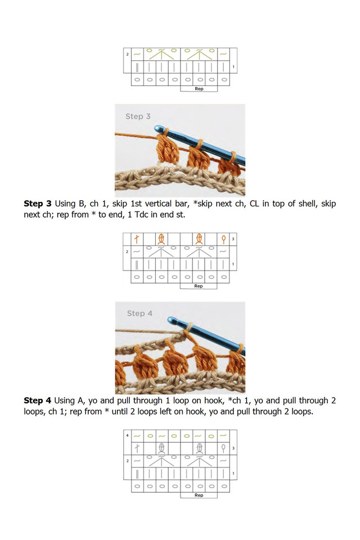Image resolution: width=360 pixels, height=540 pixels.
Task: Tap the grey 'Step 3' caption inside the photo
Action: pos(138,116)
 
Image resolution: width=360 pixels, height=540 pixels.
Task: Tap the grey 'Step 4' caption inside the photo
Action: pos(139,313)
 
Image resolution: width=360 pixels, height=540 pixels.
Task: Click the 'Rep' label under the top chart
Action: pos(199,89)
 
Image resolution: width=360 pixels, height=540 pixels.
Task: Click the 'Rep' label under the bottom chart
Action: pos(199,496)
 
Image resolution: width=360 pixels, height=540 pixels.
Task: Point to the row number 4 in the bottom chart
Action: pos(128,436)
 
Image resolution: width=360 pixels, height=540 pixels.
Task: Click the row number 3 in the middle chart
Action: pos(233,239)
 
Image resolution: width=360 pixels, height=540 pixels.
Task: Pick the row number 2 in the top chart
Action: pos(128,55)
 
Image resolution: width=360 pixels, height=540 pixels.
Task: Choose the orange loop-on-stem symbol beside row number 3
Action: pos(223,239)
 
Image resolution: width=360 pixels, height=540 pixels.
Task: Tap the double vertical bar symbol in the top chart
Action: pos(137,67)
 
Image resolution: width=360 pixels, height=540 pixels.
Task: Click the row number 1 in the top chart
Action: pos(233,67)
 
